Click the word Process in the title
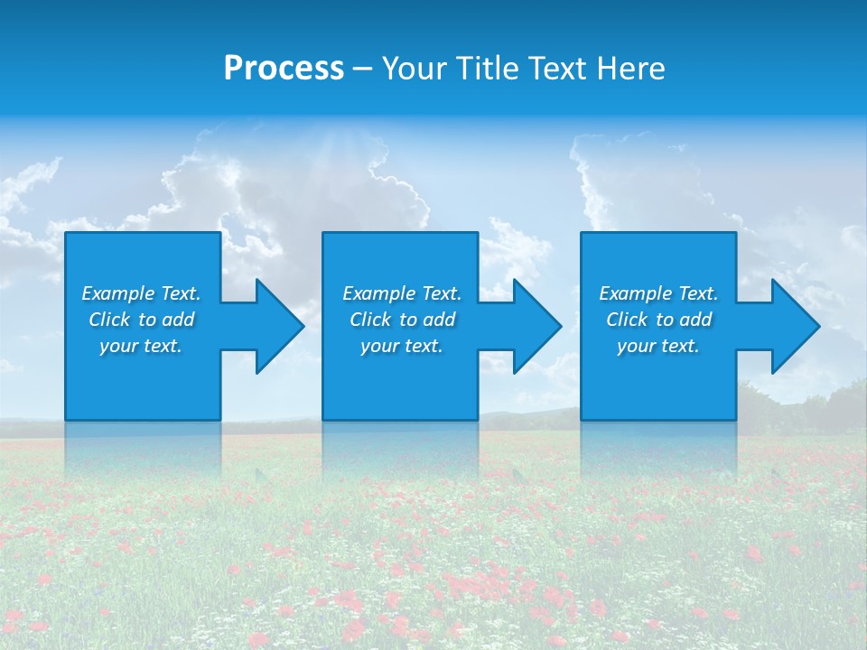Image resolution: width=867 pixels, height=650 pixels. [284, 69]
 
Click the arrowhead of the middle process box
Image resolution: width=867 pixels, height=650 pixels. [535, 326]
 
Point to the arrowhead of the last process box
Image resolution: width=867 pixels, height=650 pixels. [793, 326]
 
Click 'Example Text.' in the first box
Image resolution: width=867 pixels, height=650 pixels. [141, 293]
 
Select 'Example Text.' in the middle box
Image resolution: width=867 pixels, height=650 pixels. [402, 293]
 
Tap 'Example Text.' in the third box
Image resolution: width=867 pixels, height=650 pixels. [658, 293]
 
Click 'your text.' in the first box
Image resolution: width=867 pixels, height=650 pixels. [141, 346]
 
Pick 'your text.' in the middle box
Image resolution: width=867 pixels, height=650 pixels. [402, 346]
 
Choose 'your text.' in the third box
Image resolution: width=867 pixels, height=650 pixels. [658, 346]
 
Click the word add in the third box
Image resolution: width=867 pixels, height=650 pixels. [696, 320]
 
